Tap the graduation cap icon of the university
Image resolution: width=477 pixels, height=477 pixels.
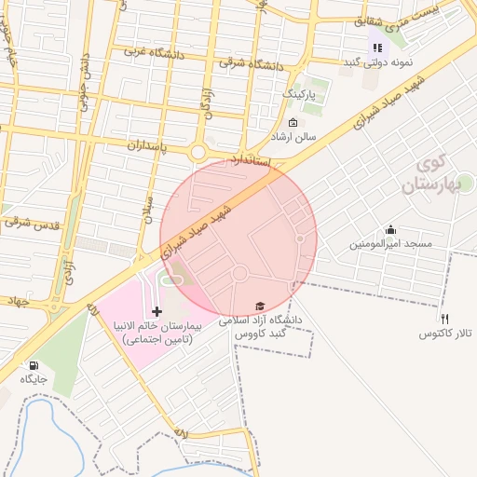[260, 306]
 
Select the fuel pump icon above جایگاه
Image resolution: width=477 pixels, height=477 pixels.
[34, 365]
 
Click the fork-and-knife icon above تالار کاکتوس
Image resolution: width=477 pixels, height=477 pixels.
[444, 319]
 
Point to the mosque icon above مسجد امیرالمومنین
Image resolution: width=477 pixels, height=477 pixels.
[390, 230]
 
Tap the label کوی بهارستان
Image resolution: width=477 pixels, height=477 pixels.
[429, 175]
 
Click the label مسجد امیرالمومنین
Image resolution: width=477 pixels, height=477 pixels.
[391, 244]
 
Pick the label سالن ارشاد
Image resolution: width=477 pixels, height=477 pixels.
[293, 137]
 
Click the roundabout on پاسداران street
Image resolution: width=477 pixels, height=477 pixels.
[198, 153]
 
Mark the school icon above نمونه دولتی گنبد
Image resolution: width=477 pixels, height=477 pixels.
[377, 47]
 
